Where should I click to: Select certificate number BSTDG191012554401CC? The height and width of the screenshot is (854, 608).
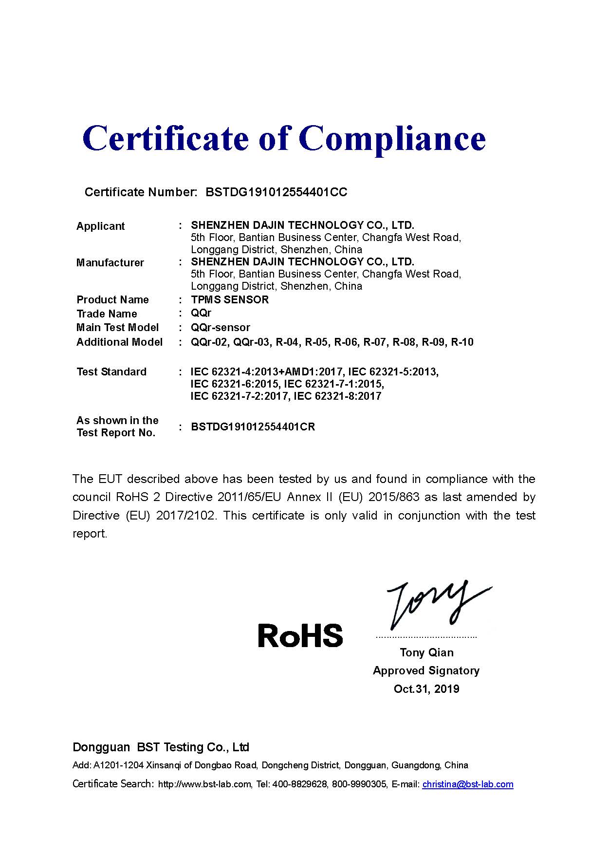click(x=276, y=192)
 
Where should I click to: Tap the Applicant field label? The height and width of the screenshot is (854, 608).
click(x=100, y=226)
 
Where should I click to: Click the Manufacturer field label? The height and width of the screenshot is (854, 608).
click(x=110, y=263)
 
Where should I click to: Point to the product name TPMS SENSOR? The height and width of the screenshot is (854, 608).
click(x=229, y=299)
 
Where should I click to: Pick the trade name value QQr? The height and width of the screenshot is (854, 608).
click(x=201, y=313)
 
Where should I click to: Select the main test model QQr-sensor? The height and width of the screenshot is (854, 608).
click(x=220, y=328)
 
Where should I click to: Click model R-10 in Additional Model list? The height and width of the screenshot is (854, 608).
click(x=462, y=342)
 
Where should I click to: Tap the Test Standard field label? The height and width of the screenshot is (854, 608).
click(x=111, y=372)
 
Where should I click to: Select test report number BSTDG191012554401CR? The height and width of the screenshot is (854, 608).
click(x=253, y=427)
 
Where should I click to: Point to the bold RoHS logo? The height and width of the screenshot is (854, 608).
click(x=300, y=635)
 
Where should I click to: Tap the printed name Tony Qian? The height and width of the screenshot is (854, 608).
click(x=426, y=652)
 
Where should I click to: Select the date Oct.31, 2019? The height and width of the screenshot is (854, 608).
click(x=426, y=689)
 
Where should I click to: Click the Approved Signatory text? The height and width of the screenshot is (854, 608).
click(x=426, y=671)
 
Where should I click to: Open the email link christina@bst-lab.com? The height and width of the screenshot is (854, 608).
click(x=467, y=784)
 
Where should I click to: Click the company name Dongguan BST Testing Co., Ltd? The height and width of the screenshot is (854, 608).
click(x=161, y=747)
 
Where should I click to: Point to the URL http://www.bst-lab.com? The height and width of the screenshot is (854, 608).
click(x=205, y=784)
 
